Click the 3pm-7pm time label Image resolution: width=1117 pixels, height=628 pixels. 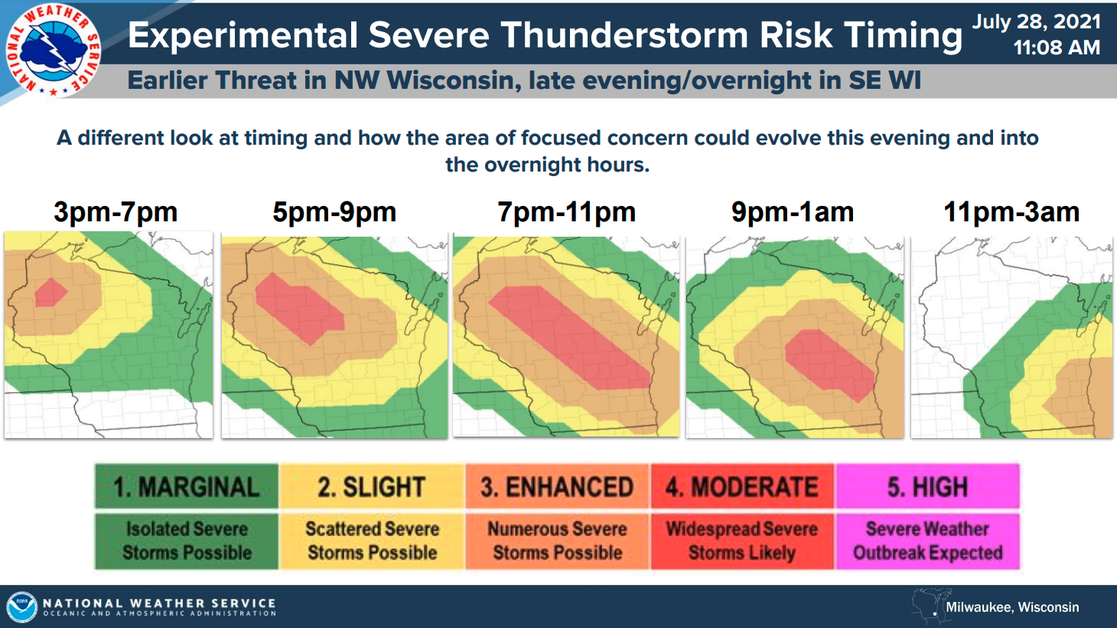[116, 212]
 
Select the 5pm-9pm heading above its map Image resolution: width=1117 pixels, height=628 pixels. [334, 212]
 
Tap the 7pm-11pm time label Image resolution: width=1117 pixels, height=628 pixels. [566, 212]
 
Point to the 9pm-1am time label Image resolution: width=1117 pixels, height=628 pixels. [793, 212]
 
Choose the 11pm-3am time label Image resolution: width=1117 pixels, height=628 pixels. [1011, 212]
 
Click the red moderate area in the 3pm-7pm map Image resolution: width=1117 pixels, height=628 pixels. [50, 293]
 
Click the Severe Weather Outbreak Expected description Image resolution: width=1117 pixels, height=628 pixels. [927, 541]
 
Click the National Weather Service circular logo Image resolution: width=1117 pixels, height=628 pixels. [54, 50]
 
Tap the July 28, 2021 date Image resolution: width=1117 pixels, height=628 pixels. [1036, 21]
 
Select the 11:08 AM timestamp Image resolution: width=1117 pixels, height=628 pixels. [1056, 48]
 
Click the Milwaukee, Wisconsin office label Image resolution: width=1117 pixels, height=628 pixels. [1012, 607]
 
